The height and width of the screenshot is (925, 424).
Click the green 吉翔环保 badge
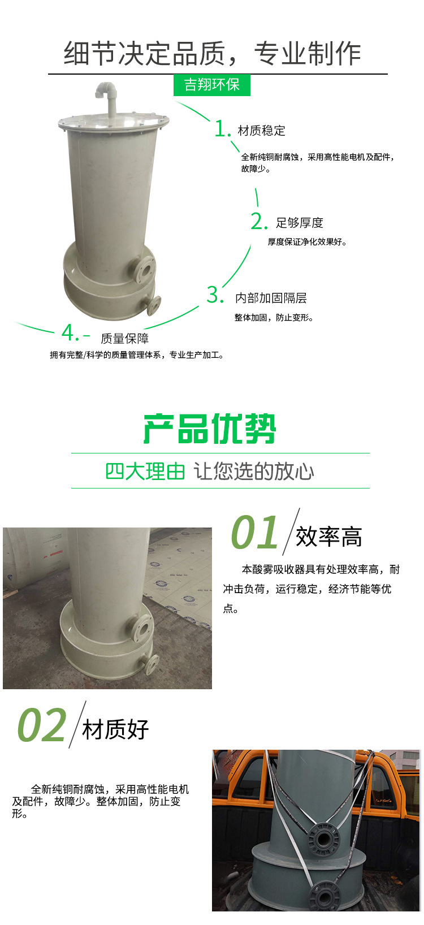click(212, 85)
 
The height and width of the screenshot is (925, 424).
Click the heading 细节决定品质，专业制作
click(212, 54)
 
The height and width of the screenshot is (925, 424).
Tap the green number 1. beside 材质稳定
click(223, 129)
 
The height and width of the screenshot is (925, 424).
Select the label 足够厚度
click(299, 223)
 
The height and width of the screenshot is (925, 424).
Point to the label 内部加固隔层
click(271, 298)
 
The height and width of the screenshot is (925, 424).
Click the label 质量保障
click(124, 339)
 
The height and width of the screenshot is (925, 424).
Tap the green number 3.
click(215, 295)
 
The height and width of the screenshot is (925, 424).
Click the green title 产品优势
click(210, 429)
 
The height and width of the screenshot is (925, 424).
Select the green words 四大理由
click(145, 471)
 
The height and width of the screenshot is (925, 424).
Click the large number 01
click(255, 533)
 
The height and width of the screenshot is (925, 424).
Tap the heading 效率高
click(328, 537)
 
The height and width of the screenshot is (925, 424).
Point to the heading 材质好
click(115, 729)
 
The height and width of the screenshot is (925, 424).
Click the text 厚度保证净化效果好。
click(307, 242)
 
